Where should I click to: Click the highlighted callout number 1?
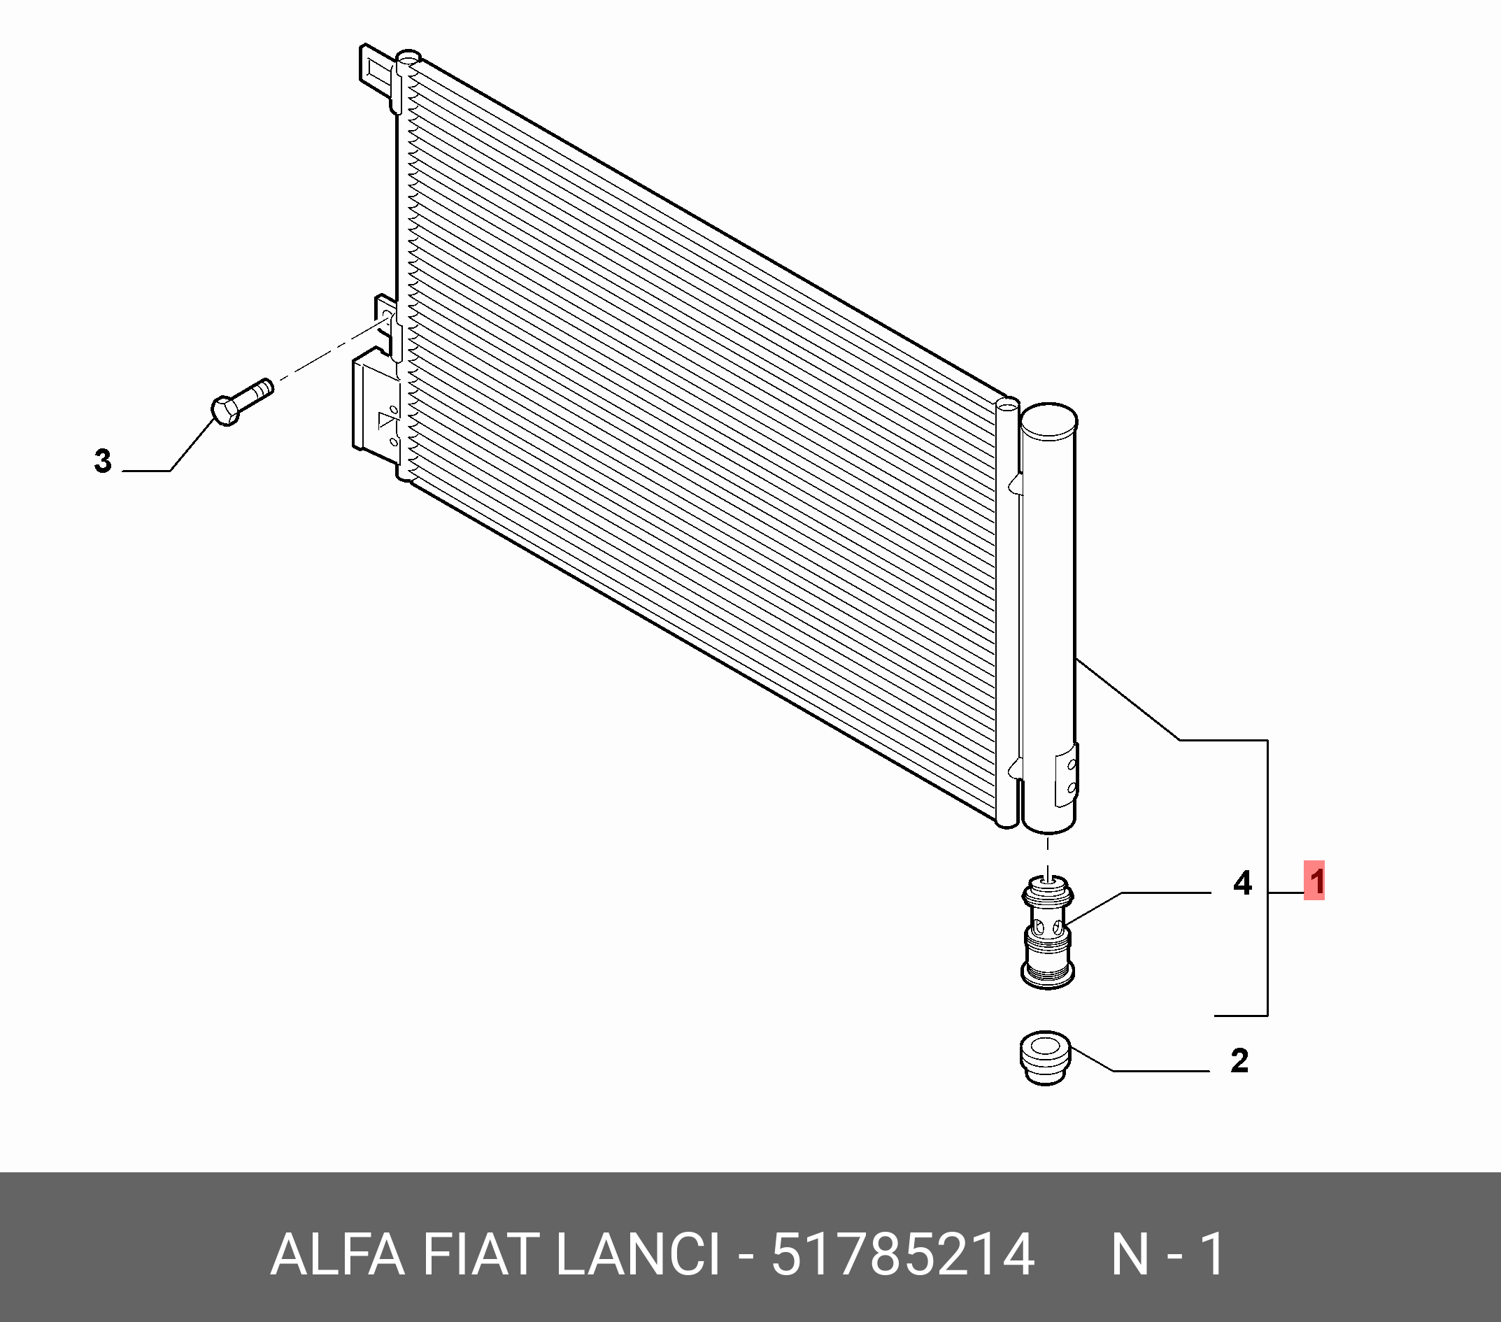[1314, 881]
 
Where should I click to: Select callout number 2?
[1239, 1060]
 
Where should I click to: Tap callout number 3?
[103, 460]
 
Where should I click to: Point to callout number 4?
[1242, 882]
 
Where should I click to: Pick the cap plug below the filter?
[1046, 1058]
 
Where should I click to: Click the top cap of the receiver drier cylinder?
[1049, 421]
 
